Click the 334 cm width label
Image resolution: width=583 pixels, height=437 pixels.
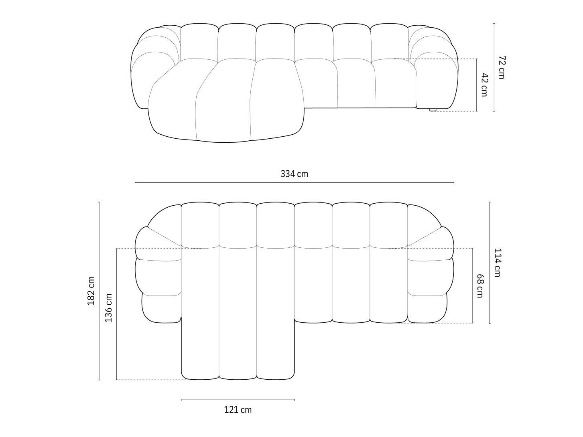pos(294,174)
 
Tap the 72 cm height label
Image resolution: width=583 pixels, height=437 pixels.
pos(502,67)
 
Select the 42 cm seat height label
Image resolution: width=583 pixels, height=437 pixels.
pos(484,85)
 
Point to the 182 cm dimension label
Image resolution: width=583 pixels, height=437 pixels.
pos(91,291)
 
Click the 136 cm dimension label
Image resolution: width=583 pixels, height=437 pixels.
pos(108,308)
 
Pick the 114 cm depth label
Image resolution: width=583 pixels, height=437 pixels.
pos(497,263)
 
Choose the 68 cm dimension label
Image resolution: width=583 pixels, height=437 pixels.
pos(479,286)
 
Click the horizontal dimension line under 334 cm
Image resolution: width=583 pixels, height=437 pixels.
pos(294,182)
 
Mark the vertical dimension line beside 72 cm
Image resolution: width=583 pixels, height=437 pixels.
pos(494,67)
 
